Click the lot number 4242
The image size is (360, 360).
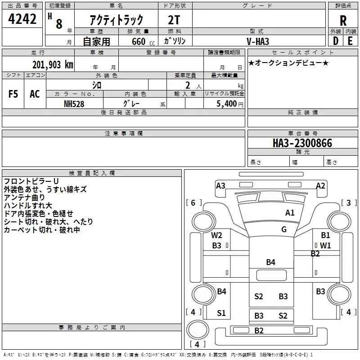[x=22, y=20]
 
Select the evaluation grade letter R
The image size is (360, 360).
[x=343, y=20]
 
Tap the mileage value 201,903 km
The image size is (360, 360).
[x=53, y=64]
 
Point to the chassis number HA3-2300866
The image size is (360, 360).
[x=302, y=143]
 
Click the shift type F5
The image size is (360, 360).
[x=13, y=94]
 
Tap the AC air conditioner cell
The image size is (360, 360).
[x=35, y=94]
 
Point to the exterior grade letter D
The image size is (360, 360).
[x=335, y=41]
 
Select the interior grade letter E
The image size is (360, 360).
[x=350, y=41]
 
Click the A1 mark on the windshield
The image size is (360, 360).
[x=290, y=212]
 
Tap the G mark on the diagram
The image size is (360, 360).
[x=284, y=229]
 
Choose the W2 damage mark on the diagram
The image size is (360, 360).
[x=217, y=235]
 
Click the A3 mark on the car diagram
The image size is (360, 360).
[x=220, y=185]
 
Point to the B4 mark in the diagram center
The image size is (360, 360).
[x=270, y=262]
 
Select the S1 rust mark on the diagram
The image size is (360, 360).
[x=221, y=313]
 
